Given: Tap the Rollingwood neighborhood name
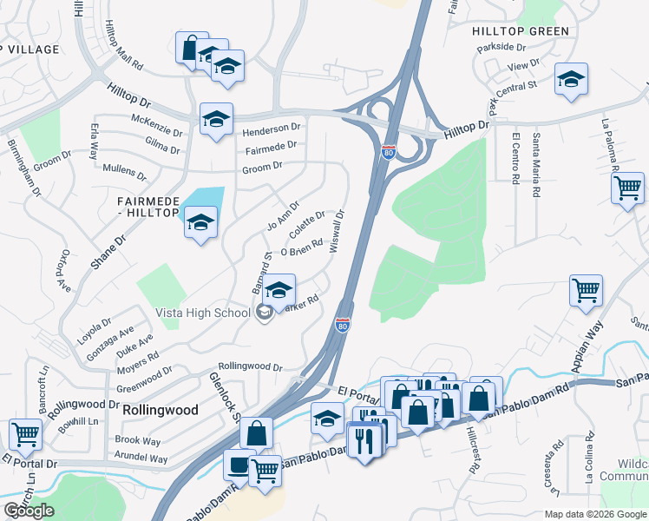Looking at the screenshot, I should point(161,410).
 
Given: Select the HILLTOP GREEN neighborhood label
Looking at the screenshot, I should point(521,31).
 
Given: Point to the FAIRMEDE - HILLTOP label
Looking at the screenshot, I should point(147,206).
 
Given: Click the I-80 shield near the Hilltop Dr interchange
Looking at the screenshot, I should point(388,152).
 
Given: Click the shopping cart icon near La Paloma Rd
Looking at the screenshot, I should point(627,188).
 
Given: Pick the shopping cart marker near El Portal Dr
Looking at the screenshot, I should point(24,434).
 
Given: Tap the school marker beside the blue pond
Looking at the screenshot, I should point(200,224).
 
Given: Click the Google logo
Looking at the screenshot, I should point(29,511).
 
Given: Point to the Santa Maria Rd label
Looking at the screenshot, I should point(537,163).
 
